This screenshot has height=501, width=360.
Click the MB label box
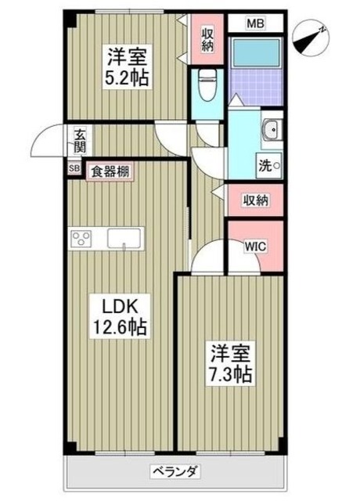[256, 23]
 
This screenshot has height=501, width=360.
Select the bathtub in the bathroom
[256, 52]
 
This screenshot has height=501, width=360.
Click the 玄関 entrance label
[81, 141]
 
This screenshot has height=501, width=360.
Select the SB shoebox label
[74, 168]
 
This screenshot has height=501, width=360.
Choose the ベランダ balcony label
[174, 471]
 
